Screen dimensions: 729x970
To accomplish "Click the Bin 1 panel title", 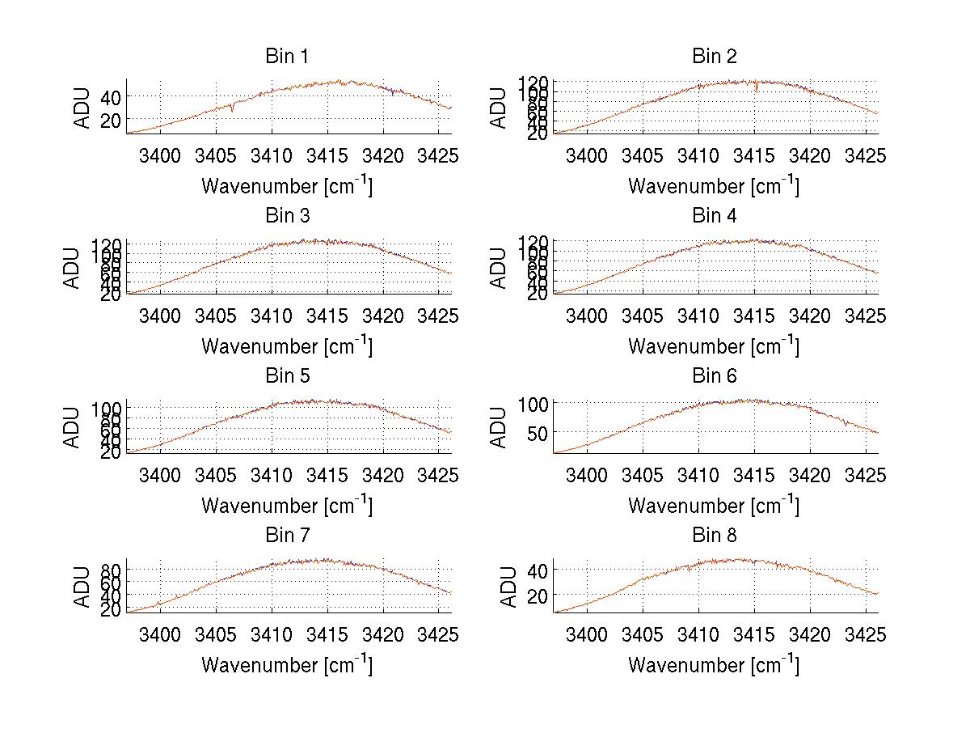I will [x=287, y=57].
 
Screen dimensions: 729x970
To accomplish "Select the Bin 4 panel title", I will [x=715, y=216].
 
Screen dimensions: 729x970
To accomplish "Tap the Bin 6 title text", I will [x=715, y=375].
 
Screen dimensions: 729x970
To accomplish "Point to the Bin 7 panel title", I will [x=287, y=535].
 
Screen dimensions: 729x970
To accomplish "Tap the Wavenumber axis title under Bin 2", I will [x=714, y=185].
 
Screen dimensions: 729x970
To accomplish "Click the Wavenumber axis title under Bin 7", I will [x=287, y=664].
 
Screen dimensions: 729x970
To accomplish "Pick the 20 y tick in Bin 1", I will [x=109, y=119].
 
